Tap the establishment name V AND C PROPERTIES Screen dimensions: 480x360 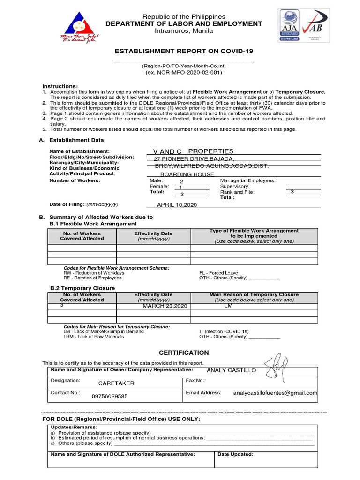click(193, 151)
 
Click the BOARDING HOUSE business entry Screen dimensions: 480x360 click(187, 174)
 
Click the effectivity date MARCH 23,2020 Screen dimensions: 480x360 click(165, 306)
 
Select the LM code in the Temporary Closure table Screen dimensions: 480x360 click(229, 306)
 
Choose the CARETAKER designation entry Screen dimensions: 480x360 click(116, 383)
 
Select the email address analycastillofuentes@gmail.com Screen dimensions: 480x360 click(275, 393)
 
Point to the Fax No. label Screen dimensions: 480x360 click(196, 381)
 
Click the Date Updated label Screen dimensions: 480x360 click(236, 454)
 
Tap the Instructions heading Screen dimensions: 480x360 click(60, 86)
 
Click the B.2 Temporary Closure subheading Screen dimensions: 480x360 click(82, 288)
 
